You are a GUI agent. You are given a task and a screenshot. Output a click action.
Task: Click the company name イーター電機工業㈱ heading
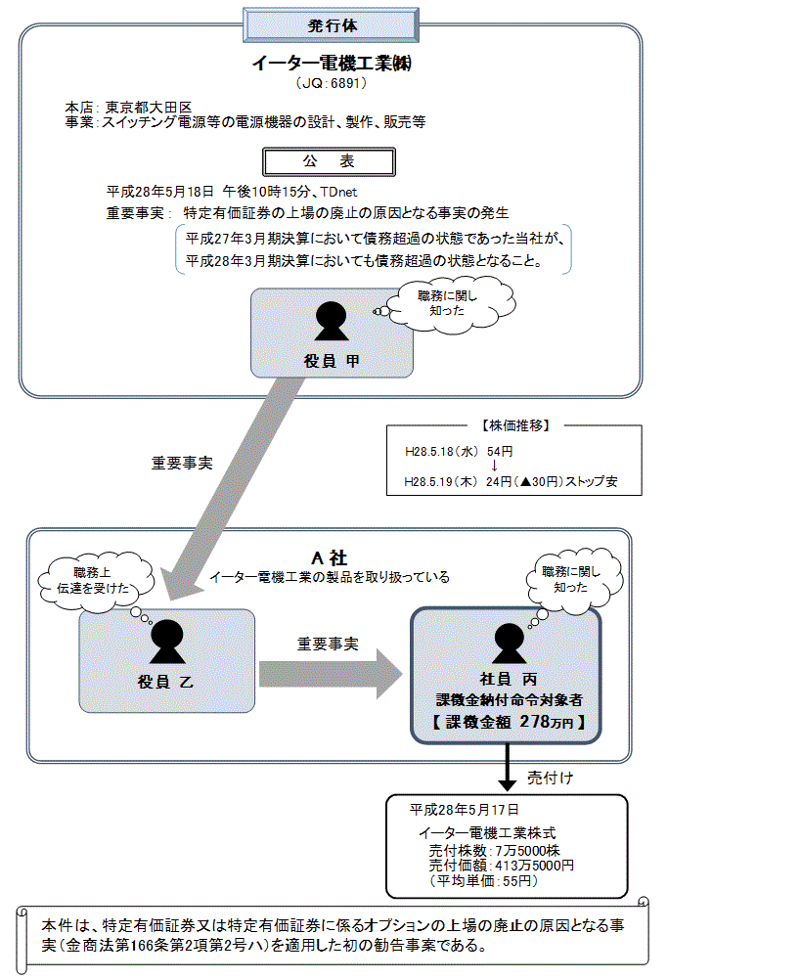click(x=333, y=65)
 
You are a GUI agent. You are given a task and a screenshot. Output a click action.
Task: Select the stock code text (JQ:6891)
click(x=332, y=84)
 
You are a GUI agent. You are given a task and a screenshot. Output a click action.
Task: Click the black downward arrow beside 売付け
click(x=508, y=772)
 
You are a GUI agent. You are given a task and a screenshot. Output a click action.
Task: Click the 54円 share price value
click(x=500, y=452)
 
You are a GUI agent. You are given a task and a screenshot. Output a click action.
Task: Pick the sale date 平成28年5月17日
click(x=464, y=810)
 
